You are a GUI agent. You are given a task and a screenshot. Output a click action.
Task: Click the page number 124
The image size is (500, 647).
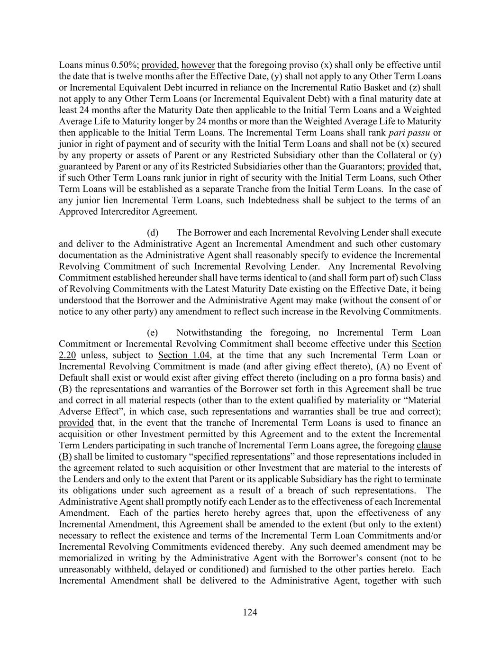pos(250,612)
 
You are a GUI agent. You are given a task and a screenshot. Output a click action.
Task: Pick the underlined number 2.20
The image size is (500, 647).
pos(67,355)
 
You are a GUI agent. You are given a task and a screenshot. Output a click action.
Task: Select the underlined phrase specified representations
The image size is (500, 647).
pos(242,456)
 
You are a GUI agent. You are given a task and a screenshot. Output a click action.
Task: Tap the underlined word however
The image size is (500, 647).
pos(198,65)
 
